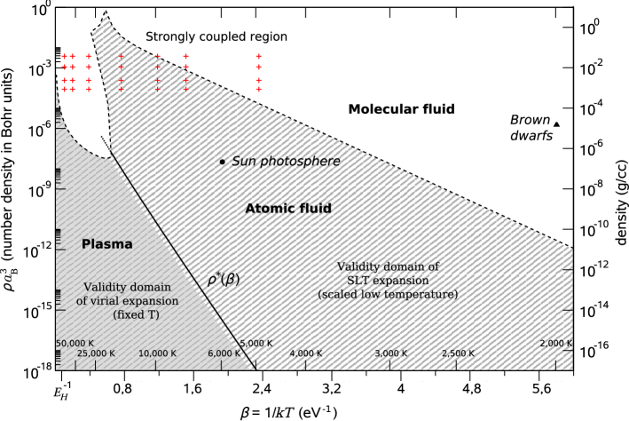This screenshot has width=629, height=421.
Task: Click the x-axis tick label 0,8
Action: click(122, 389)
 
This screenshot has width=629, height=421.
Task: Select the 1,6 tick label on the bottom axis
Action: click(192, 389)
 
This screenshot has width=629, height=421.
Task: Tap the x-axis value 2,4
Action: click(261, 389)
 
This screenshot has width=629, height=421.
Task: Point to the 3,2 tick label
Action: click(331, 389)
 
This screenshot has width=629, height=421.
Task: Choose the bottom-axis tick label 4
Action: click(401, 389)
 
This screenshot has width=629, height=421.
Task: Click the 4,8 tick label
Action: click(471, 389)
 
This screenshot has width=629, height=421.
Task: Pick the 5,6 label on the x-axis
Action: click(541, 389)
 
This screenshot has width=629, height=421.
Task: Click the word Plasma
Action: click(107, 244)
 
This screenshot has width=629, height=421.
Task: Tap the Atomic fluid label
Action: click(288, 209)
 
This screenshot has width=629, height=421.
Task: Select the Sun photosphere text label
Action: click(286, 161)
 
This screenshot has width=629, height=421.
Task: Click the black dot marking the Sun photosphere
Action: click(222, 162)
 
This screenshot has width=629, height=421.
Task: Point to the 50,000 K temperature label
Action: click(75, 343)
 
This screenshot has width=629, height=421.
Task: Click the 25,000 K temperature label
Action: click(96, 353)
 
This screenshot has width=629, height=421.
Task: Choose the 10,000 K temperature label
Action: click(158, 353)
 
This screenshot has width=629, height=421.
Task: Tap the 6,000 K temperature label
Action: click(225, 353)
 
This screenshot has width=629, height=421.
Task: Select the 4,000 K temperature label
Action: click(306, 353)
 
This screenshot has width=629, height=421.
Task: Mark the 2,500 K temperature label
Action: click(459, 353)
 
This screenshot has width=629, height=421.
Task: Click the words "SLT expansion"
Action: click(389, 280)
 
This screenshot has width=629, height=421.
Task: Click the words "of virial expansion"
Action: click(127, 301)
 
